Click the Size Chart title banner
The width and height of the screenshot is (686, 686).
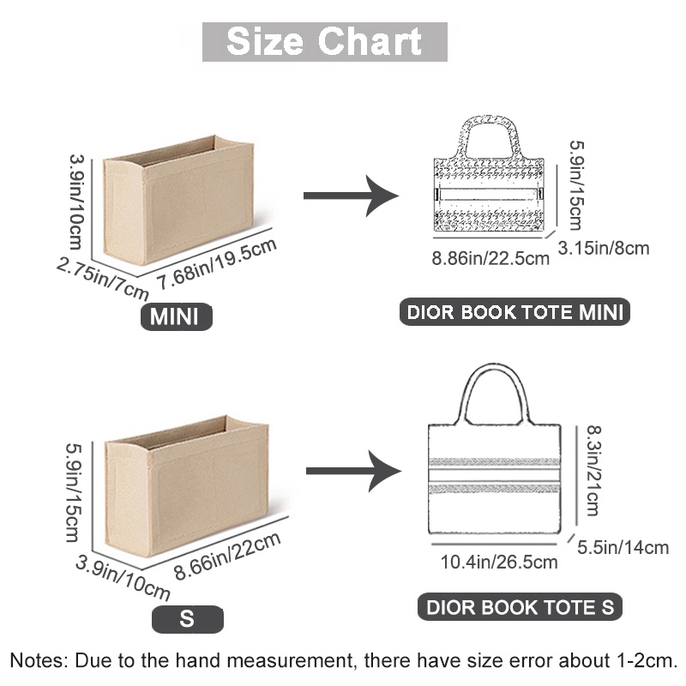tap(325, 42)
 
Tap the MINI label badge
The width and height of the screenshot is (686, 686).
tap(176, 316)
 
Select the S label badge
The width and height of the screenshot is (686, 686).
tap(187, 619)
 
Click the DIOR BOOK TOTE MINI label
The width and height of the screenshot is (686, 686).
tap(515, 312)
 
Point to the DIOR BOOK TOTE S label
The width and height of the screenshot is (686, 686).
tap(521, 607)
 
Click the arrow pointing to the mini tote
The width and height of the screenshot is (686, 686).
tap(351, 196)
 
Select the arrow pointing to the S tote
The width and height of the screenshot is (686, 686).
tap(353, 471)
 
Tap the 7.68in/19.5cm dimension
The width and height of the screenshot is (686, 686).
tap(217, 264)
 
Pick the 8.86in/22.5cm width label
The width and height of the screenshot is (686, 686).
tap(490, 258)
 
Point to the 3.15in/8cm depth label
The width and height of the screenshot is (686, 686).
tap(604, 248)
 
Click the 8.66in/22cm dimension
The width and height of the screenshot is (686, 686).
tap(227, 557)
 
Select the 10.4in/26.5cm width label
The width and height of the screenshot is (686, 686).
tap(499, 562)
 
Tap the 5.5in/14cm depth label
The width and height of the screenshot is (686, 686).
tap(623, 547)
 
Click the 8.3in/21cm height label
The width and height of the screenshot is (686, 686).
tap(593, 471)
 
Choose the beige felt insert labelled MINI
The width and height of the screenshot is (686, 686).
tap(178, 200)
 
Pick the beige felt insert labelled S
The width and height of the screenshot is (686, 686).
tap(186, 485)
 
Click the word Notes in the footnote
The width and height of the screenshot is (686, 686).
tap(39, 660)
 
